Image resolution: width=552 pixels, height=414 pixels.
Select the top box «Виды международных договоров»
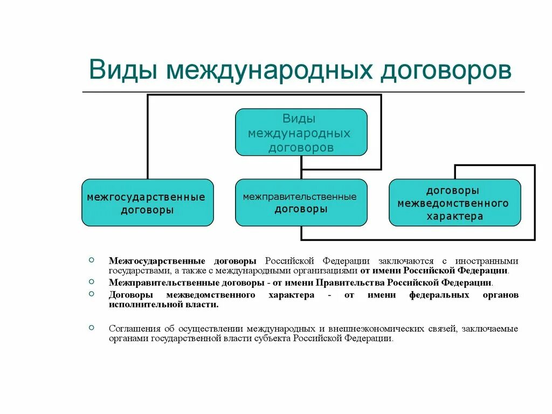[301, 133]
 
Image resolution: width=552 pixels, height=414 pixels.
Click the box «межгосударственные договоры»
[147, 203]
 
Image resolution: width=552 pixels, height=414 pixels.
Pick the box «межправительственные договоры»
[301, 203]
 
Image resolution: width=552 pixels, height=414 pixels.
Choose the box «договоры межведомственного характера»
[454, 203]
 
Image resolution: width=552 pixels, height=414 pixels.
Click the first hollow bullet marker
[91, 259]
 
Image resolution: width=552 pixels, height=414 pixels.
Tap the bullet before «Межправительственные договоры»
[91, 281]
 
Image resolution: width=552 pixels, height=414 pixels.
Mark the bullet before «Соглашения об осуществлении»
[91, 327]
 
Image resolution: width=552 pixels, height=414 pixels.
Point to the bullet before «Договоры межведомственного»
[91, 293]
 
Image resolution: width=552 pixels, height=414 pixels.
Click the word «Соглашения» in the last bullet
[132, 328]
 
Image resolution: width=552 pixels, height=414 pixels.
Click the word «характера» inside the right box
[454, 217]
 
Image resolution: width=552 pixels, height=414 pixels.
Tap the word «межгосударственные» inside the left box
[146, 197]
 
